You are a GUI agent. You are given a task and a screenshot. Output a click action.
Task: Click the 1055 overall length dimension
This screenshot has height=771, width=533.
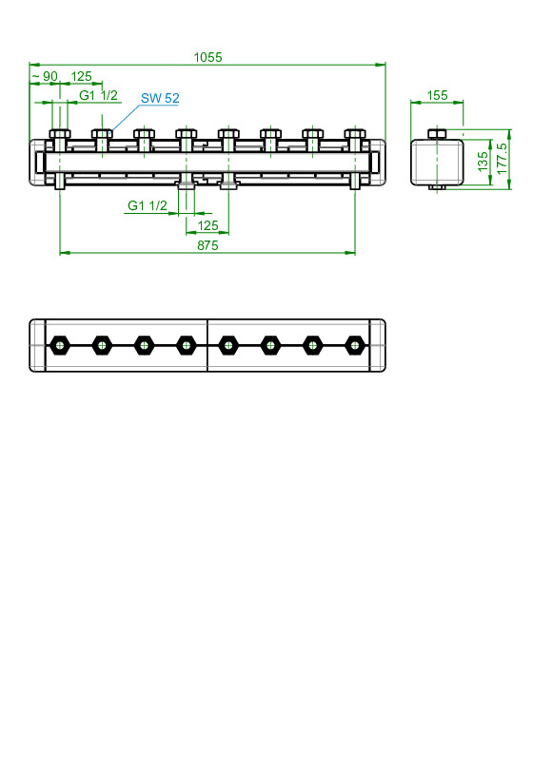click(207, 57)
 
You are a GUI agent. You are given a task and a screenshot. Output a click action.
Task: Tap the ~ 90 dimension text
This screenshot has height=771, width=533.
click(45, 76)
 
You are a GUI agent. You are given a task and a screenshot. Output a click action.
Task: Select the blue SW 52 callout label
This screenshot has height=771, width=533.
click(160, 98)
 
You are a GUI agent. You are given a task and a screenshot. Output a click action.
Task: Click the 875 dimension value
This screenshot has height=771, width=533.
click(207, 245)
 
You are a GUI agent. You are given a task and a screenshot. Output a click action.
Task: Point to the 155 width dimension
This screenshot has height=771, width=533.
click(437, 95)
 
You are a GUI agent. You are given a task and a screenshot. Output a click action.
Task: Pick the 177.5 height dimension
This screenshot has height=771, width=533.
click(502, 159)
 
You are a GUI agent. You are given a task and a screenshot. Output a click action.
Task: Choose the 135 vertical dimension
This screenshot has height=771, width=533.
click(483, 162)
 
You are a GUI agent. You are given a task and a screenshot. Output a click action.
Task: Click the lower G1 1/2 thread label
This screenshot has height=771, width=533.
click(148, 205)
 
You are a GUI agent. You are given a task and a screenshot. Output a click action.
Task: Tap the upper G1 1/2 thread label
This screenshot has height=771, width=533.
click(98, 95)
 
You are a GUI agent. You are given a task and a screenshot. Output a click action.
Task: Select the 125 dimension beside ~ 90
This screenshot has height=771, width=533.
click(81, 76)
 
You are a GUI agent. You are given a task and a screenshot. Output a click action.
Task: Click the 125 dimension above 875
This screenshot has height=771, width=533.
click(207, 225)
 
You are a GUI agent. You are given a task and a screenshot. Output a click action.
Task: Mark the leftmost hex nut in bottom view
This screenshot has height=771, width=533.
click(60, 345)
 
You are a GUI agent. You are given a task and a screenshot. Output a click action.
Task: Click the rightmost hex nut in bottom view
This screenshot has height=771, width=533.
click(355, 345)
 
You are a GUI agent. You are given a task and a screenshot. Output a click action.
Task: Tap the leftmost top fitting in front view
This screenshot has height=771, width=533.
click(60, 140)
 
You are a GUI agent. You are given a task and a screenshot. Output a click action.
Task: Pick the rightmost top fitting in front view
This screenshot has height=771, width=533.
click(355, 140)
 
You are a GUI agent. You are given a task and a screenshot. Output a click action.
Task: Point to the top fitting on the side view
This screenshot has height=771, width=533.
click(437, 134)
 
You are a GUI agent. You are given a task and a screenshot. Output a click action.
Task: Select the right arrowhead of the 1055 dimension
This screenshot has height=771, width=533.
click(381, 64)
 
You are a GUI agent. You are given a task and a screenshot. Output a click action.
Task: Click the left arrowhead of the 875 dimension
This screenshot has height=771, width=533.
click(65, 253)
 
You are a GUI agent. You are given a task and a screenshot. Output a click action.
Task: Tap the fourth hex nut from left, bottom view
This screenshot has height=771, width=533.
click(186, 345)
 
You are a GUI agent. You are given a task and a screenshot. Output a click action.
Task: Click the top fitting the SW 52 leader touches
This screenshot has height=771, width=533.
click(102, 140)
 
